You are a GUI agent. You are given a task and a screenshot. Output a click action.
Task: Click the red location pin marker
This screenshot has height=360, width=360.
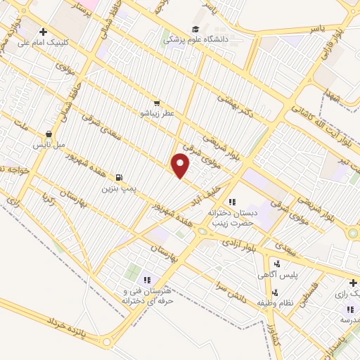(x=181, y=166)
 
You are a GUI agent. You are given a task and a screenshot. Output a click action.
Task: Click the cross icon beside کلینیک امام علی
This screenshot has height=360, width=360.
(x=44, y=31)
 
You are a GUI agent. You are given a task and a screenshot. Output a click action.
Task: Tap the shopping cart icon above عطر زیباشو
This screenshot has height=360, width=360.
(x=156, y=103)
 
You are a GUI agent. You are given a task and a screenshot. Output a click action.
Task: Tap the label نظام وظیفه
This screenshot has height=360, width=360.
(x=274, y=302)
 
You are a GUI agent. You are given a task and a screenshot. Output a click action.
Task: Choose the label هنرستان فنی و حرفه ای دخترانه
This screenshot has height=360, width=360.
(x=148, y=296)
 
